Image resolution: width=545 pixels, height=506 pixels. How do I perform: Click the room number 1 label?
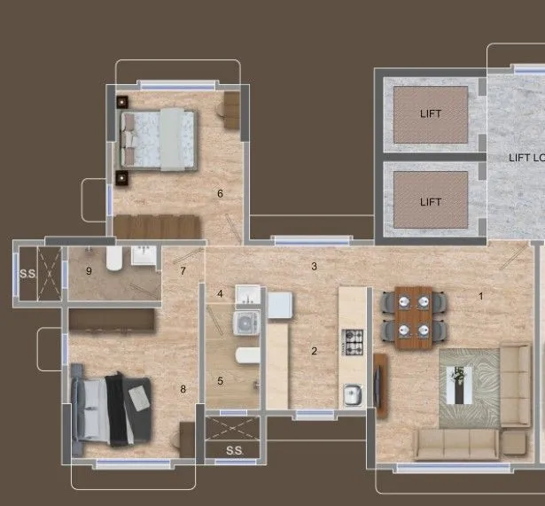coord(481,296)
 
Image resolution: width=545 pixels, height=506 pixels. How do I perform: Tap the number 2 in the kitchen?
coord(314,351)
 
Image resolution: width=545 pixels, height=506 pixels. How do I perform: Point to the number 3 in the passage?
coord(313,266)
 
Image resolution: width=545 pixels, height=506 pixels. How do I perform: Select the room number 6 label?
coord(220,193)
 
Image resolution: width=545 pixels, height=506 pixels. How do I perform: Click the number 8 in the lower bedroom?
coord(183,388)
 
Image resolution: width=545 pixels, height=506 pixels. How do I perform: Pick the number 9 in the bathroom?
coord(89,271)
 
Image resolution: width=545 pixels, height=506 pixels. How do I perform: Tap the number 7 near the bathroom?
coord(183,271)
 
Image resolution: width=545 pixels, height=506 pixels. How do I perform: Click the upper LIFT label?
coord(430,113)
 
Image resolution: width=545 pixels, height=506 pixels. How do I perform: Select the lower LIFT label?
coord(430,202)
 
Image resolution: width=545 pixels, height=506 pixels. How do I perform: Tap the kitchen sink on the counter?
coord(353,393)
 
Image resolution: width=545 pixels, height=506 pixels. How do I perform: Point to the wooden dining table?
coord(412,315)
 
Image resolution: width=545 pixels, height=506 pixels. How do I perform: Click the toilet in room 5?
coord(246,356)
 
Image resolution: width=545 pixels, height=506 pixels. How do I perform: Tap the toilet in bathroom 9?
coord(113,260)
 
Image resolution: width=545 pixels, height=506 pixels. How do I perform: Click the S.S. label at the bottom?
coord(234,451)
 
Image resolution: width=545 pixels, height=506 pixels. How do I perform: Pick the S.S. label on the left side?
coord(27,273)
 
